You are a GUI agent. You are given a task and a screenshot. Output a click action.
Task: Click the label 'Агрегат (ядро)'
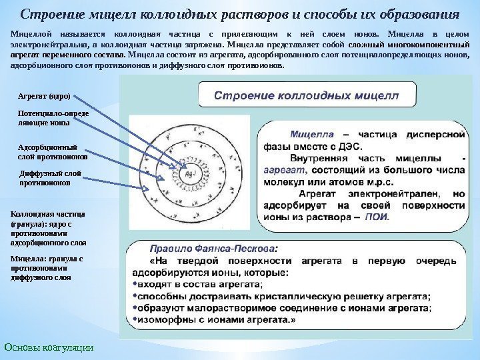[x=43, y=96]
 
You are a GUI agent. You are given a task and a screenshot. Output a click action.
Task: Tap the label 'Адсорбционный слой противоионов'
[x=51, y=152]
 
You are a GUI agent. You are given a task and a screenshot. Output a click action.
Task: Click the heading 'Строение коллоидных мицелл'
[x=307, y=95]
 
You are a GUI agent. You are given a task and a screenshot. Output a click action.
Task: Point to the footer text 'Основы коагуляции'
[x=49, y=347]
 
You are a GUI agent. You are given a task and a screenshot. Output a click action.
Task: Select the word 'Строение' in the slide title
[x=49, y=14]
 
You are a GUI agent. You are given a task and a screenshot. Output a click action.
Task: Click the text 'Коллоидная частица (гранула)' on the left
[x=47, y=219]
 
